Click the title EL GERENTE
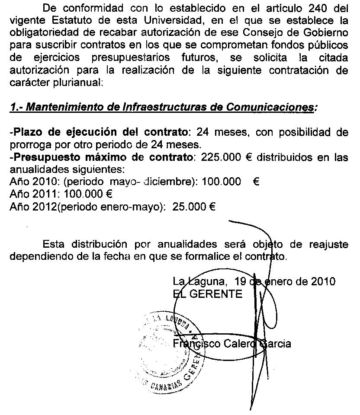208,294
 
